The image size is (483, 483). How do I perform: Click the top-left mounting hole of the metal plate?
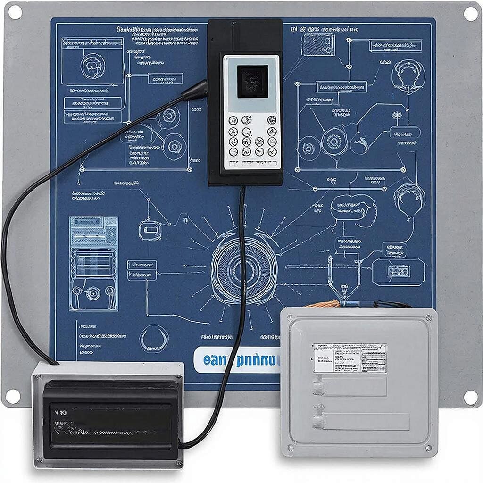click(14, 12)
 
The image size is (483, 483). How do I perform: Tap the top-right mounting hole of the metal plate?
click(470, 14)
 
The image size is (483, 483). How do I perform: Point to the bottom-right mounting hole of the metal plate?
click(470, 397)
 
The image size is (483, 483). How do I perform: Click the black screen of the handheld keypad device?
click(252, 82)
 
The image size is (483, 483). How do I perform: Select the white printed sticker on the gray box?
click(350, 358)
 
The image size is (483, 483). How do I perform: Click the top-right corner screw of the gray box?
click(428, 318)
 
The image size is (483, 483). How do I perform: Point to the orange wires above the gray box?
click(325, 304)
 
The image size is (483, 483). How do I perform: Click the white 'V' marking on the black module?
click(58, 412)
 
